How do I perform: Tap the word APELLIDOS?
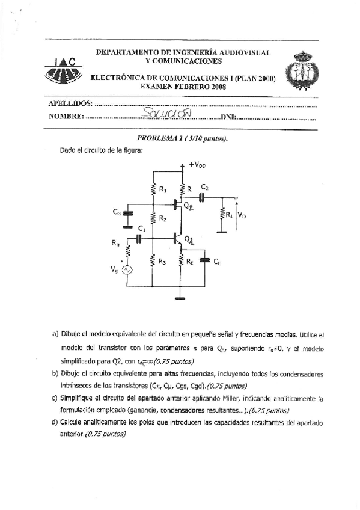[x=71, y=104]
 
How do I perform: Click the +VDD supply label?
[x=197, y=164]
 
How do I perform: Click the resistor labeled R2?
[x=153, y=219]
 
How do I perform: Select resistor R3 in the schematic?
[x=153, y=261]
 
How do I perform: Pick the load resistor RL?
[x=222, y=214]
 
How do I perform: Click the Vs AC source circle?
[x=127, y=271]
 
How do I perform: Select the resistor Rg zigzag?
[x=127, y=247]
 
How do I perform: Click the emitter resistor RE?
[x=181, y=261]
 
